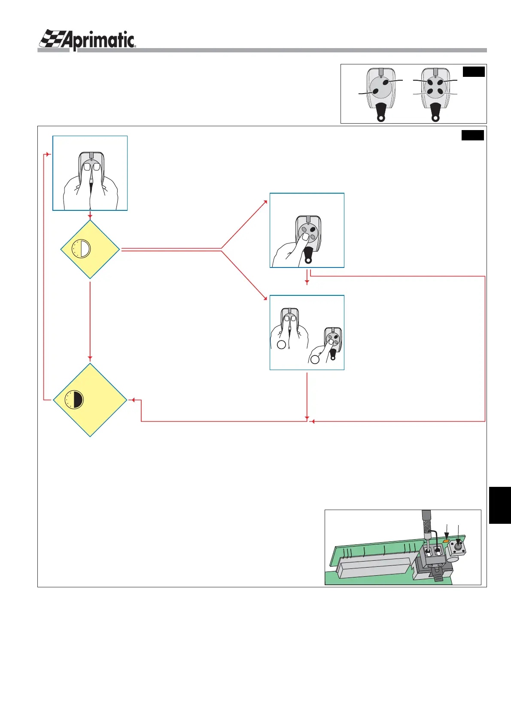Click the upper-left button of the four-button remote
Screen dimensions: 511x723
(x=430, y=82)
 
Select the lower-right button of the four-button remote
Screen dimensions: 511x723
(x=440, y=91)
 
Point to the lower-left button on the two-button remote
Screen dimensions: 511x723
(x=375, y=91)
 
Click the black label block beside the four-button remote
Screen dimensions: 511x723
(x=474, y=72)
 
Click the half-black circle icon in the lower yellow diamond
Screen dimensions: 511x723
(x=74, y=400)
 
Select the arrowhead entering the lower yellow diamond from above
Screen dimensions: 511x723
(x=90, y=358)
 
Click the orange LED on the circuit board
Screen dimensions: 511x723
(x=446, y=542)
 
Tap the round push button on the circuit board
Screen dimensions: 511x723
(x=458, y=548)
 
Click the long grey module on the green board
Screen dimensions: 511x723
(x=376, y=565)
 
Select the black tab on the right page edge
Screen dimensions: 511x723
(x=500, y=505)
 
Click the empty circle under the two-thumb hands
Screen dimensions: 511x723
(x=281, y=344)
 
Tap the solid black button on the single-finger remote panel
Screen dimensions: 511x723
(x=313, y=230)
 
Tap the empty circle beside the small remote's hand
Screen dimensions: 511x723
(x=315, y=359)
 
